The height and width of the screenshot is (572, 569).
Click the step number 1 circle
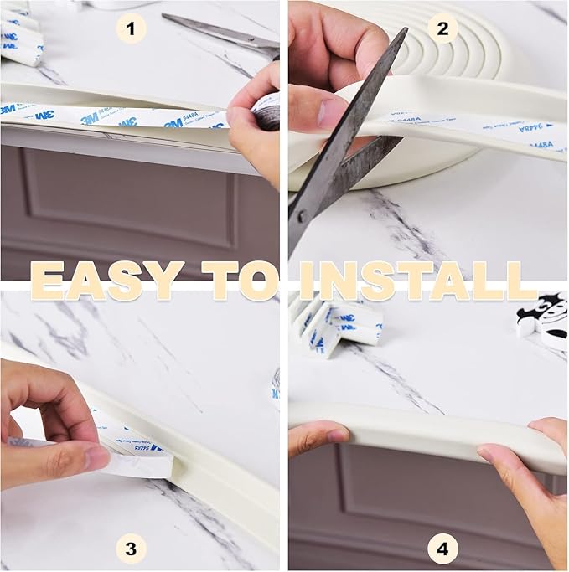(x=129, y=30)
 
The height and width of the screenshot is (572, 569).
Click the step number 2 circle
(x=442, y=30)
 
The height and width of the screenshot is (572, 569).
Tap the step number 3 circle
(x=129, y=549)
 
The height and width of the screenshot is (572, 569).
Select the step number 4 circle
(x=442, y=549)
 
